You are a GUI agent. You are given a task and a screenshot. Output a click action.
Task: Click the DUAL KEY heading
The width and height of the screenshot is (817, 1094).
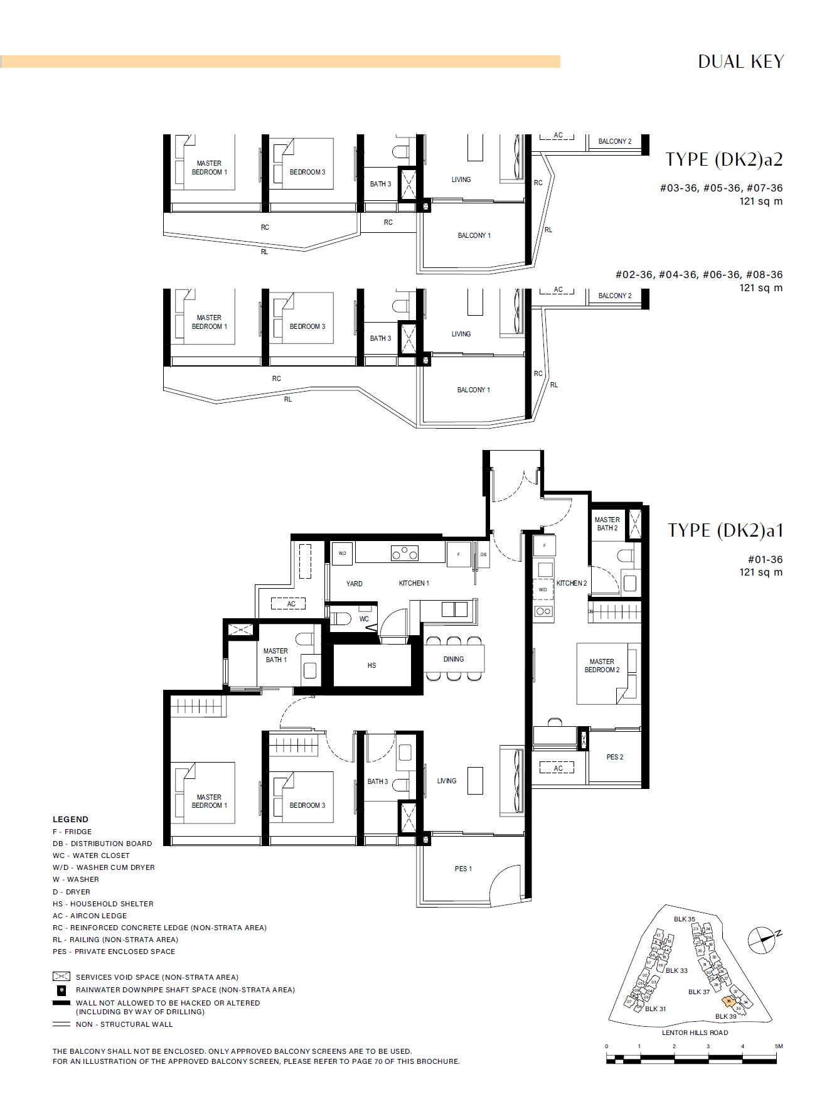740,62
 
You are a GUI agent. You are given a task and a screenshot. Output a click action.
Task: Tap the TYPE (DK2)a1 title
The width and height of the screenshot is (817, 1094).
725,530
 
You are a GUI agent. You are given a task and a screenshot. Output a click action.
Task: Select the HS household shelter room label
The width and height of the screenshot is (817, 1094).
371,665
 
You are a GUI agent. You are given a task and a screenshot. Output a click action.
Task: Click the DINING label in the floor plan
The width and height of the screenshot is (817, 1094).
453,659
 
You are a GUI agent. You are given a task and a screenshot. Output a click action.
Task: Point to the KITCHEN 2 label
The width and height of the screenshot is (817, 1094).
571,583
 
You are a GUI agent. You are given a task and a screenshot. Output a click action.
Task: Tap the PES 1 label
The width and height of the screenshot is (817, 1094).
463,869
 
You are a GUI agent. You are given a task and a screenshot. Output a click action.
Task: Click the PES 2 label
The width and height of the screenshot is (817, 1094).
614,757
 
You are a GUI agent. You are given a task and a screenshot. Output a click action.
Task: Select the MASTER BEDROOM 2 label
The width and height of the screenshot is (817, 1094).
602,666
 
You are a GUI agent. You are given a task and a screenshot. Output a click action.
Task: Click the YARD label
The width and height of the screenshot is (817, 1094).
354,584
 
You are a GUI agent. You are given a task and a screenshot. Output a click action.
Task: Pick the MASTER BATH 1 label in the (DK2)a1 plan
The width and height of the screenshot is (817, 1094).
275,655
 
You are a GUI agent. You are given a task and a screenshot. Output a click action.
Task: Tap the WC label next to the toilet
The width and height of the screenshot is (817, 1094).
364,619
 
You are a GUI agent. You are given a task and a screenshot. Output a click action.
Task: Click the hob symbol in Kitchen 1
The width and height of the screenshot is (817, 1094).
404,553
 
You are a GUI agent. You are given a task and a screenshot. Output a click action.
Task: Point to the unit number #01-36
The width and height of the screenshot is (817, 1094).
765,559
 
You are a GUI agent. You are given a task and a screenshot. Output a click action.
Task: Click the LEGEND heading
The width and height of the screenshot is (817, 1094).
70,819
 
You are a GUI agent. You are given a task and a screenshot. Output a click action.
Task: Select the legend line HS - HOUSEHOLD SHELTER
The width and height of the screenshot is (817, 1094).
103,904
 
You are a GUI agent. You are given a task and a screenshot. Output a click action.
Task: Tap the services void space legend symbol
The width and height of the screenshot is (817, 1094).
61,977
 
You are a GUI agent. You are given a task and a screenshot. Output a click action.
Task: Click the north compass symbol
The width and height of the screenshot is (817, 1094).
762,940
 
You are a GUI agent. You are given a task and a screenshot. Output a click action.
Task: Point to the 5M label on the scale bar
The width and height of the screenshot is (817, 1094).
778,1046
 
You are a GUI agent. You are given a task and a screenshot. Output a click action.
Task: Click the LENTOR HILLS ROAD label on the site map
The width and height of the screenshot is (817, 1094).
695,1032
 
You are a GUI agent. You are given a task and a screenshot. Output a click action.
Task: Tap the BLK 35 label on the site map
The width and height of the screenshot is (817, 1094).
684,919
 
